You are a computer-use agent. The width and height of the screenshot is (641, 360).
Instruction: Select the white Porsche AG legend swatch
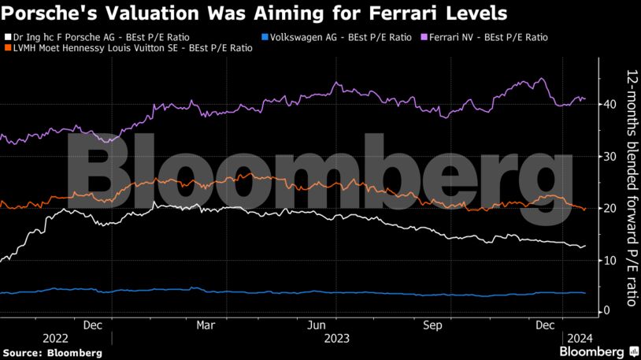(x=7, y=37)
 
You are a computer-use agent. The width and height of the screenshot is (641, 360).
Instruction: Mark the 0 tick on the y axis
(x=606, y=311)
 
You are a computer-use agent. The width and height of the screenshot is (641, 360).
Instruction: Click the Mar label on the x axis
(x=206, y=325)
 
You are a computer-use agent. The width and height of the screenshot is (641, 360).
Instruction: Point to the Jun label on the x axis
(x=317, y=325)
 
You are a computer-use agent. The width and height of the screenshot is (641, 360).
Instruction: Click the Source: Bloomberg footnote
(x=52, y=352)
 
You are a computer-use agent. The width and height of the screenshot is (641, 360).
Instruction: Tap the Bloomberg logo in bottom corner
(x=598, y=351)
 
